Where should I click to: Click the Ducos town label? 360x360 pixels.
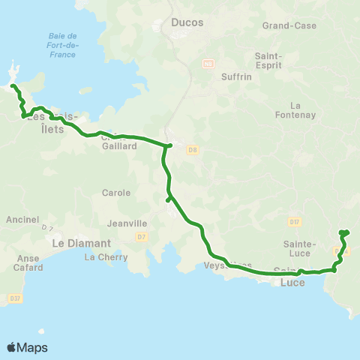click(187, 22)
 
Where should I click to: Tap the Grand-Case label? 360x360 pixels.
click(289, 25)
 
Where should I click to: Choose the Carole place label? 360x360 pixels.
click(116, 193)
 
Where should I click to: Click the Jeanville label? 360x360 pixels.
click(125, 223)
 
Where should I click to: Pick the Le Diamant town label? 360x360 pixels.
click(81, 243)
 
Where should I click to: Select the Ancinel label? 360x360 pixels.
click(16, 220)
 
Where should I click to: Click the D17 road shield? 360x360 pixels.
click(294, 221)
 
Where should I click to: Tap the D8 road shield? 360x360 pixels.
click(193, 150)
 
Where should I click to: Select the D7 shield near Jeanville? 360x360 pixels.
click(142, 238)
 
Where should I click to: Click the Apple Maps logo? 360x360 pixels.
click(27, 347)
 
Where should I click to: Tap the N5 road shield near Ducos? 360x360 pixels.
click(209, 64)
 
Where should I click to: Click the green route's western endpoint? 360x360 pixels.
click(13, 87)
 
